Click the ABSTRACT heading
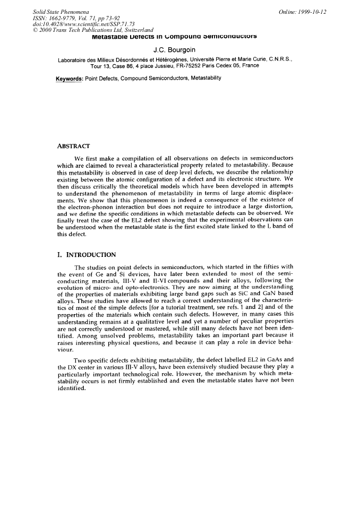[x=73, y=145]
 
